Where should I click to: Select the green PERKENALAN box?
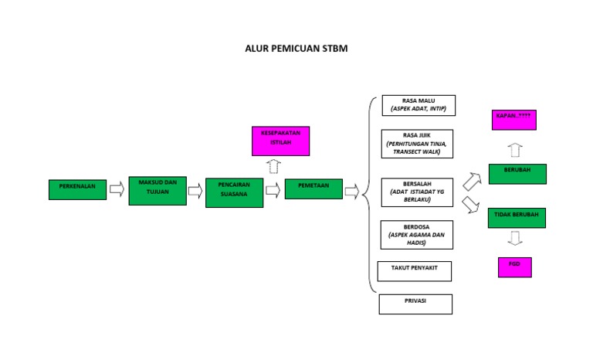[77, 189]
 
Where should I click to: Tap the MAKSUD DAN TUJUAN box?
[158, 190]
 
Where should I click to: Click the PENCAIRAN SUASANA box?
[234, 192]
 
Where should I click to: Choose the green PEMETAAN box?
[313, 188]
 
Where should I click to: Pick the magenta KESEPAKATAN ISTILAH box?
[280, 141]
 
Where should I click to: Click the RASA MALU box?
[418, 105]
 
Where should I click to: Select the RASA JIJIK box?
[418, 144]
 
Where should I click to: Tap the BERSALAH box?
[417, 192]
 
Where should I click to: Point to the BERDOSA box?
[417, 235]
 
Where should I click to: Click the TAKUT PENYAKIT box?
[415, 271]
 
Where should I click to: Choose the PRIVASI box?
[415, 304]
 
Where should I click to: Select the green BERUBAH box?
[517, 174]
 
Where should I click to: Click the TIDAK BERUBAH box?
[517, 218]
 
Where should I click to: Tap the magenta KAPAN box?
[514, 120]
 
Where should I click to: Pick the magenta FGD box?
[514, 267]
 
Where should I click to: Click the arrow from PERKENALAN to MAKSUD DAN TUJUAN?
[117, 190]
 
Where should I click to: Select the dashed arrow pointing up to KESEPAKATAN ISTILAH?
[273, 166]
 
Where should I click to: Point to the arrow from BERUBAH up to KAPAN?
[515, 149]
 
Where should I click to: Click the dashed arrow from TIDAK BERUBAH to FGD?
[514, 240]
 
